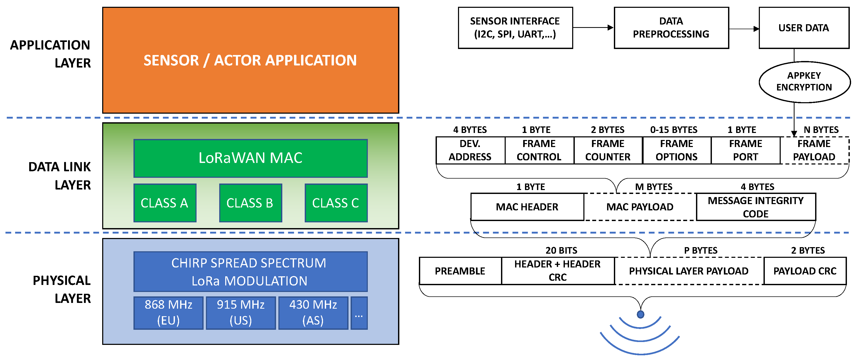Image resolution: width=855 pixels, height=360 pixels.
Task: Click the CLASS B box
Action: pyautogui.click(x=250, y=203)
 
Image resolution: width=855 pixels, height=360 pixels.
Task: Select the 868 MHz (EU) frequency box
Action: pyautogui.click(x=168, y=313)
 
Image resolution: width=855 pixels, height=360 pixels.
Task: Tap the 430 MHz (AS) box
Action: pyautogui.click(x=313, y=313)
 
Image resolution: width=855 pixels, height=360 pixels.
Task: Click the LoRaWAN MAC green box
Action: pyautogui.click(x=250, y=158)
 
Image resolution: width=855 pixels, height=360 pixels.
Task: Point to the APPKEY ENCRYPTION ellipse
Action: pyautogui.click(x=804, y=82)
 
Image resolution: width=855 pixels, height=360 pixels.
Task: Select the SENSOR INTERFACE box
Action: pyautogui.click(x=515, y=28)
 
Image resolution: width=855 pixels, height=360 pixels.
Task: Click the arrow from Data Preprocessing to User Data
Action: pyautogui.click(x=743, y=29)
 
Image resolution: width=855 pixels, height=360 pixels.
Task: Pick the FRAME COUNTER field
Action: pyautogui.click(x=608, y=150)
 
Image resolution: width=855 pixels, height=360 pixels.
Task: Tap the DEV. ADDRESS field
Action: pyautogui.click(x=470, y=150)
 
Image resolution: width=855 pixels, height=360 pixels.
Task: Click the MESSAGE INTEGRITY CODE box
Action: pyautogui.click(x=755, y=207)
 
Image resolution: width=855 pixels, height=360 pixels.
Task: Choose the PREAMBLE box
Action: pyautogui.click(x=460, y=271)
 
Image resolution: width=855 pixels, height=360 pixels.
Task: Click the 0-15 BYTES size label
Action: pyautogui.click(x=674, y=130)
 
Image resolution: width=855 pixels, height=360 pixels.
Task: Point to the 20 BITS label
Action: pyautogui.click(x=561, y=250)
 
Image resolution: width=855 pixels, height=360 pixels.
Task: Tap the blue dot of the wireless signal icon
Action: pyautogui.click(x=640, y=314)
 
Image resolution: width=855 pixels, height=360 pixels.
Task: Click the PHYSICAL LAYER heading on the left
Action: pyautogui.click(x=62, y=289)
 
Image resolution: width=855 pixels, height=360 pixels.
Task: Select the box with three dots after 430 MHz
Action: pyautogui.click(x=359, y=313)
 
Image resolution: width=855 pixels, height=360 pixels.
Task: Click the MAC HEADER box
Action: pyautogui.click(x=527, y=207)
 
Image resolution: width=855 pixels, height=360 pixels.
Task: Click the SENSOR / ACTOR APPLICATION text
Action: pyautogui.click(x=250, y=60)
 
